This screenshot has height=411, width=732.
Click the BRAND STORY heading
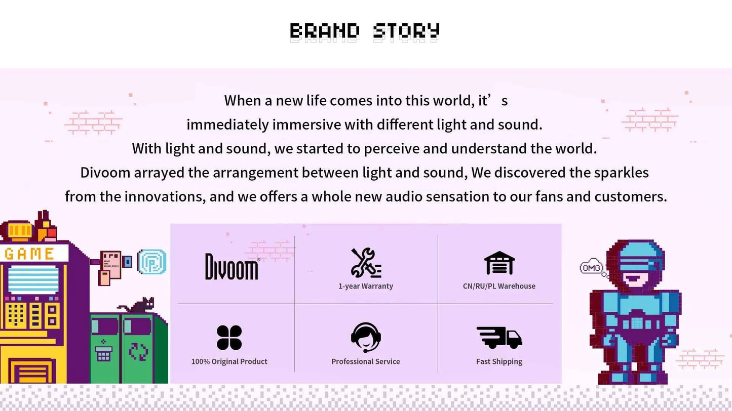tap(365, 31)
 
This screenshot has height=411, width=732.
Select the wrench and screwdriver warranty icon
tap(366, 263)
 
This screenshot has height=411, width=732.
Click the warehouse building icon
tap(499, 263)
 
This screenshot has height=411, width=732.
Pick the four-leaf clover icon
tap(229, 338)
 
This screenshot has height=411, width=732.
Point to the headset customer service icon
tap(366, 338)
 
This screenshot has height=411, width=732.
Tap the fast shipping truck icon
tap(499, 338)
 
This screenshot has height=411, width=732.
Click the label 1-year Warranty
tap(366, 286)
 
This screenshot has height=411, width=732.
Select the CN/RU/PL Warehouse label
tap(499, 286)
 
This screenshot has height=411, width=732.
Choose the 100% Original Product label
tap(229, 362)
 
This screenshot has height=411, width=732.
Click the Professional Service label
tap(366, 362)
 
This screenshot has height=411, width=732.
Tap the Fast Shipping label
tap(499, 362)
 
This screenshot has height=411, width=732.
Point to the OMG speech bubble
tap(592, 267)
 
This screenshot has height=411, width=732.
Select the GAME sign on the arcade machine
tap(29, 254)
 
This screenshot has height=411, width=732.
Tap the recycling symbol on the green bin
tap(139, 351)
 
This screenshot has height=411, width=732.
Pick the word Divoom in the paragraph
tap(105, 173)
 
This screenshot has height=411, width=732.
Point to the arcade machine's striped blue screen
tap(33, 279)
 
